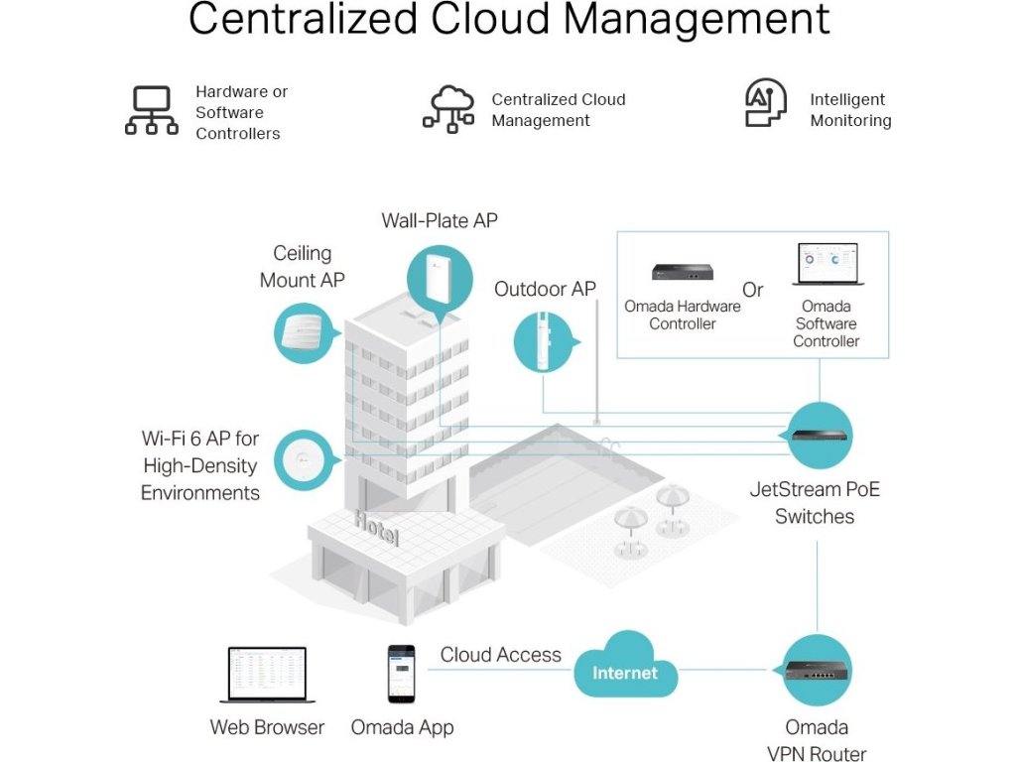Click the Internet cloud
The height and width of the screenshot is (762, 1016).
coord(625,672)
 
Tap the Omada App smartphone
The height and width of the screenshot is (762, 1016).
coord(401,674)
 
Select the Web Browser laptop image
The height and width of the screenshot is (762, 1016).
coord(267,675)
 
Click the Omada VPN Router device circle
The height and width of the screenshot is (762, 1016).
coord(817,670)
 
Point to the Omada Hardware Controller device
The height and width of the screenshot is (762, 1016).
coord(683,272)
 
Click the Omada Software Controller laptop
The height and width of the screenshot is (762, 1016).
coord(827,265)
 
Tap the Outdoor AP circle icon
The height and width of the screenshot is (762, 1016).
coord(545,341)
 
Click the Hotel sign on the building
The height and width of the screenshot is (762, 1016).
coord(377,528)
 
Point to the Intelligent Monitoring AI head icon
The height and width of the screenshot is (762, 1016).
coord(765,105)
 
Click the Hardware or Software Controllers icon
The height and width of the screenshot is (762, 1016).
coord(152,110)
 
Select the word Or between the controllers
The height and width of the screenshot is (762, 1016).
coord(753,290)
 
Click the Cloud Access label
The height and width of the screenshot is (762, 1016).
coord(500,655)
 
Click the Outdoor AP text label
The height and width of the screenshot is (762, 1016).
coord(545,289)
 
